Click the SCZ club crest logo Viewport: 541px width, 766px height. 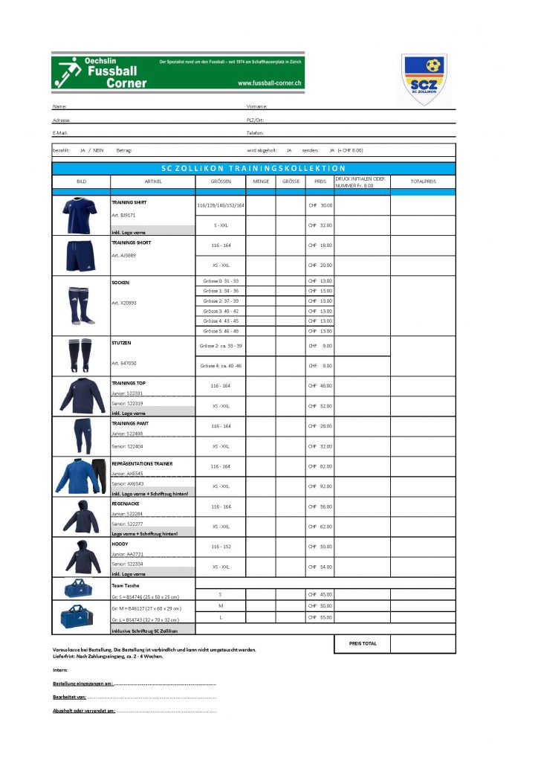pyautogui.click(x=424, y=80)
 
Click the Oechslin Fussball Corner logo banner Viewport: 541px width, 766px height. pyautogui.click(x=178, y=71)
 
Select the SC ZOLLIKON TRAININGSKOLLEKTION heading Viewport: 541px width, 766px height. pyautogui.click(x=253, y=169)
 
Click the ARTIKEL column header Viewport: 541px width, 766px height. pyautogui.click(x=153, y=181)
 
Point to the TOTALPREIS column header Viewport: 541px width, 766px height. pyautogui.click(x=423, y=181)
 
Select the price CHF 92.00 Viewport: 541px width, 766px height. pyautogui.click(x=320, y=486)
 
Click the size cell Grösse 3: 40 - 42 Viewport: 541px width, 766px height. pyautogui.click(x=220, y=311)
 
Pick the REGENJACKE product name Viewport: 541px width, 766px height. pyautogui.click(x=126, y=503)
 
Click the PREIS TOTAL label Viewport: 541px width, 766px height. pyautogui.click(x=362, y=643)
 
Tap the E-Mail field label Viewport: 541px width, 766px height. pyautogui.click(x=60, y=132)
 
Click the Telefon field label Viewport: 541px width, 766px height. pyautogui.click(x=256, y=132)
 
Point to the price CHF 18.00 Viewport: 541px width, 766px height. pyautogui.click(x=320, y=245)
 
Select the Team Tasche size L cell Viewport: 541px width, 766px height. pyautogui.click(x=220, y=617)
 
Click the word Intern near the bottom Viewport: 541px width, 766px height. pyautogui.click(x=60, y=670)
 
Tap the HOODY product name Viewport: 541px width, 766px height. pyautogui.click(x=120, y=544)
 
